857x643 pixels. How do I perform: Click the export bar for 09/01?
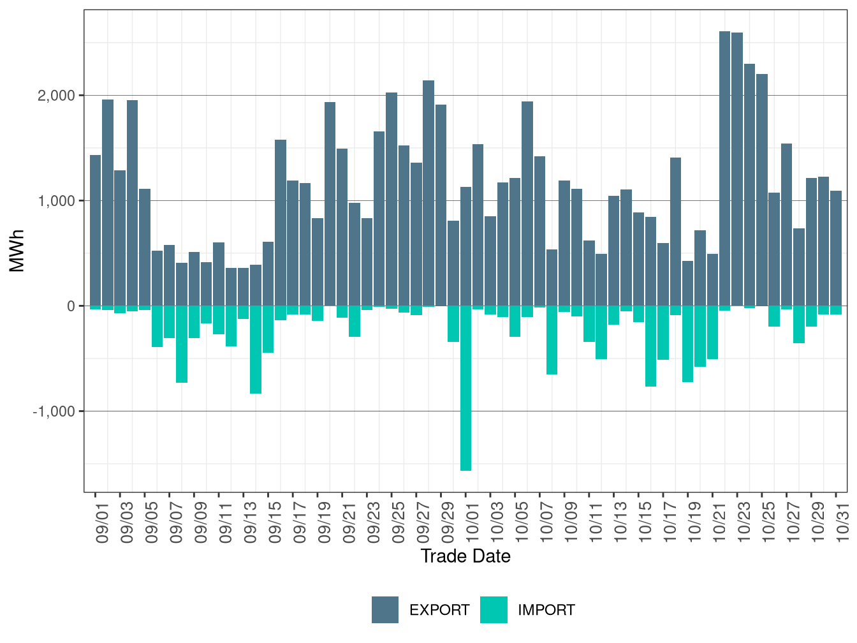click(95, 230)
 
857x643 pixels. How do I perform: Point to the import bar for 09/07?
click(170, 321)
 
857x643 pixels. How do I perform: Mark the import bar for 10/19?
click(688, 344)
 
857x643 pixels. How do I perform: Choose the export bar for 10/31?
click(836, 248)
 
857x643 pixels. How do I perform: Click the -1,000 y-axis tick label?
click(54, 411)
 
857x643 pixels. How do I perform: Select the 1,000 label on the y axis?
click(56, 201)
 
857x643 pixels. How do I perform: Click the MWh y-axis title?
click(17, 251)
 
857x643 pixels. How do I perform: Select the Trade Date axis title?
click(465, 556)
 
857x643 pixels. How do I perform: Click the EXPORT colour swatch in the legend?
click(385, 610)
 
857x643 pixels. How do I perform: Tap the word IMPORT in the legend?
click(546, 610)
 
